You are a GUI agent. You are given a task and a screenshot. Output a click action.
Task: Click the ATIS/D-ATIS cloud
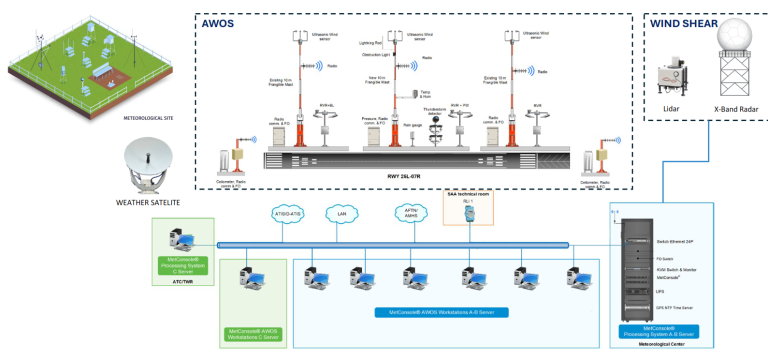coord(289,213)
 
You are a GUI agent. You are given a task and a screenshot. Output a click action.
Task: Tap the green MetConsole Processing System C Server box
coord(182,265)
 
